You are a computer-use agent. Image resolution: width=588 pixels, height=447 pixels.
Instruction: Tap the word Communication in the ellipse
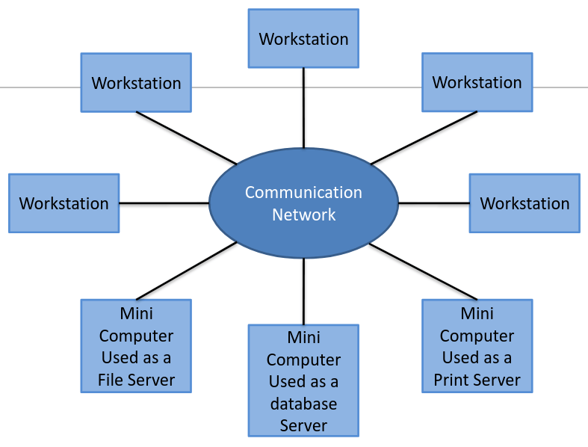(x=303, y=193)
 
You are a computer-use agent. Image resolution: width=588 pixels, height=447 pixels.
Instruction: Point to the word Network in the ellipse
(x=303, y=215)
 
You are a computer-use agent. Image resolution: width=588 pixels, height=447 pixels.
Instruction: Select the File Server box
(x=136, y=345)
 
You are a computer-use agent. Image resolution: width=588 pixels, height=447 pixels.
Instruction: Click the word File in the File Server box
(x=111, y=380)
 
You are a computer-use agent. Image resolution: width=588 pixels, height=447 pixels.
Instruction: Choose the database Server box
(x=303, y=380)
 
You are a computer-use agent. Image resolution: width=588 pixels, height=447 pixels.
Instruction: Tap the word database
(x=303, y=404)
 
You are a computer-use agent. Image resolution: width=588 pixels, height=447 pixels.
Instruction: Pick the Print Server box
(x=477, y=345)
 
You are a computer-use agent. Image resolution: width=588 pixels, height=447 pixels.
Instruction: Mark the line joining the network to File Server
(x=187, y=271)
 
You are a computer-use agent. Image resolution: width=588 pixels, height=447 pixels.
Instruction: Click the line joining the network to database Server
(x=303, y=292)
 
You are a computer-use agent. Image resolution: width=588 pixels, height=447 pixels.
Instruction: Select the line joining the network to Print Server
(x=423, y=271)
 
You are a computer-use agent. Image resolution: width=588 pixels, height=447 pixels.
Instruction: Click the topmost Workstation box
(x=303, y=38)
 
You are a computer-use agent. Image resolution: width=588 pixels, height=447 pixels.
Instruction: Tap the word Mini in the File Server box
(x=136, y=313)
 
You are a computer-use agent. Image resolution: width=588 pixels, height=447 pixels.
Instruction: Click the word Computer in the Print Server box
(x=477, y=336)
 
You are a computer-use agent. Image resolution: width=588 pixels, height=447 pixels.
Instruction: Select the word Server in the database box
(x=303, y=425)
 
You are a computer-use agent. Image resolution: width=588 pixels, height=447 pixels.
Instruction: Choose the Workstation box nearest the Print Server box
(x=524, y=203)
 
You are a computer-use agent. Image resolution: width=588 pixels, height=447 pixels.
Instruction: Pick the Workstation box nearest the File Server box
(x=64, y=203)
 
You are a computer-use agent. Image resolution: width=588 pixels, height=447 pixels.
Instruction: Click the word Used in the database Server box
(x=287, y=382)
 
